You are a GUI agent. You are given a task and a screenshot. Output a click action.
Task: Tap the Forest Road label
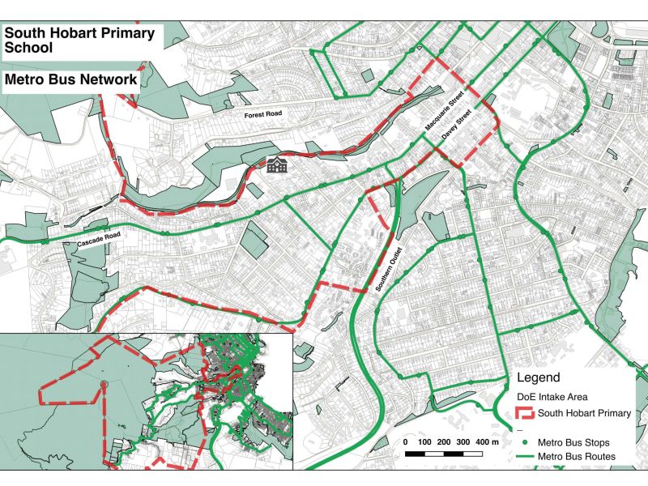point(263,115)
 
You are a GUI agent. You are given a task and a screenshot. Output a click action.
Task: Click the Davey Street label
point(458,127)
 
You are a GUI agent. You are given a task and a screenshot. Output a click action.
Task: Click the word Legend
point(538,378)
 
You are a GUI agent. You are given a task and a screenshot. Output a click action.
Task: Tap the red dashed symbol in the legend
point(527,414)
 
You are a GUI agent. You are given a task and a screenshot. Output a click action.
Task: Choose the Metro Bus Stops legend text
point(579,443)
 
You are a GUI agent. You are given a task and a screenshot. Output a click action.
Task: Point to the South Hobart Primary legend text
point(590,414)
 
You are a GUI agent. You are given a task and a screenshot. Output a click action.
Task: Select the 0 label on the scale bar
point(405,442)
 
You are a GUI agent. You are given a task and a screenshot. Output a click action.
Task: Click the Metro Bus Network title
point(71,80)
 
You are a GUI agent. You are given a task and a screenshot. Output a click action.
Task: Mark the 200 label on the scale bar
point(443,442)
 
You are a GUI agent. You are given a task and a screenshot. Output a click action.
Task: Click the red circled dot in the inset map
point(104,383)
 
